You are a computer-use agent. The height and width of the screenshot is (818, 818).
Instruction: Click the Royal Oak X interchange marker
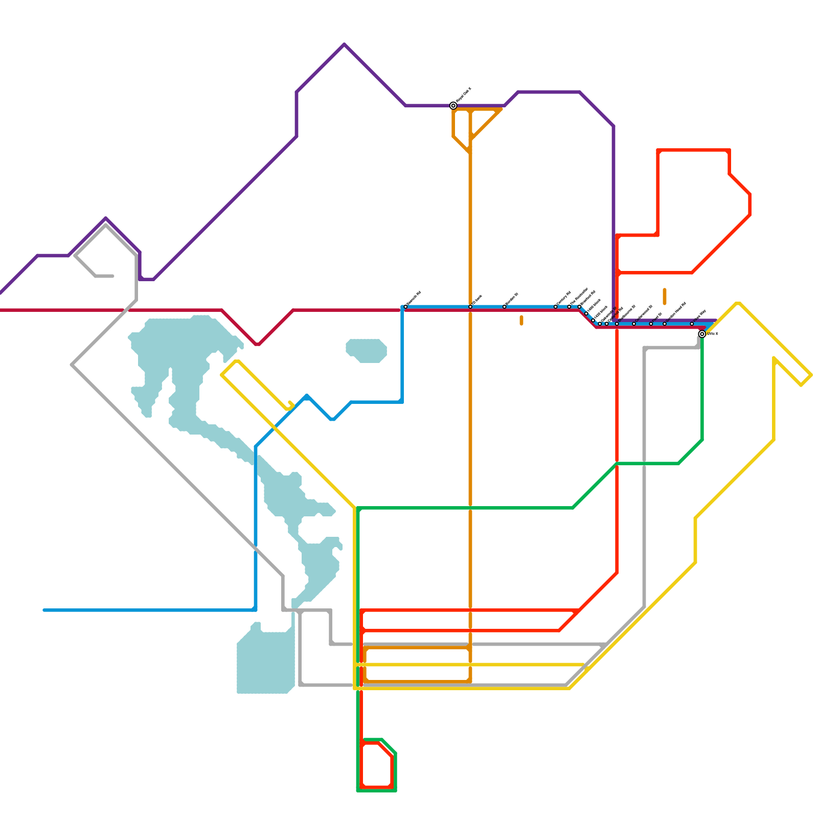(453, 106)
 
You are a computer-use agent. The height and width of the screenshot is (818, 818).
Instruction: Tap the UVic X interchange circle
(702, 334)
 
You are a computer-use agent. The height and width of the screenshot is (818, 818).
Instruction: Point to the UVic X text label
(712, 334)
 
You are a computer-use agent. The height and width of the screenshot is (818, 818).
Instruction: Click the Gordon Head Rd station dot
(665, 324)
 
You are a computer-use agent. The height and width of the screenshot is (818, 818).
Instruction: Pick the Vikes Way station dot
(692, 324)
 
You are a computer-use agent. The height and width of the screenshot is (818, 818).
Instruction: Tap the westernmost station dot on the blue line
(405, 307)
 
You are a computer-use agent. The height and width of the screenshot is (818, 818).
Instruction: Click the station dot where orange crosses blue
(470, 307)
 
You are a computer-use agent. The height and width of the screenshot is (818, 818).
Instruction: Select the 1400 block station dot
(586, 313)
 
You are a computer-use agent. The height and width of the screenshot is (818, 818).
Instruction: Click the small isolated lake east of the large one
(366, 351)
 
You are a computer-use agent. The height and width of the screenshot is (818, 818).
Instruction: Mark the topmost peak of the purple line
(345, 45)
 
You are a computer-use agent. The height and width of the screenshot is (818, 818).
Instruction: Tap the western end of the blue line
(44, 610)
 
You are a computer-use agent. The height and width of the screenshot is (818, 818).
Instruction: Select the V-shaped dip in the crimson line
(258, 344)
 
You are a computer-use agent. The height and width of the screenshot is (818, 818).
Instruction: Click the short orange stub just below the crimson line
(521, 321)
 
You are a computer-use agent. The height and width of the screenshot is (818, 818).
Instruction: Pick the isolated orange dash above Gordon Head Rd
(665, 297)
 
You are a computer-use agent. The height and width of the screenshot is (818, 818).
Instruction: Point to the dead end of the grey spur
(112, 276)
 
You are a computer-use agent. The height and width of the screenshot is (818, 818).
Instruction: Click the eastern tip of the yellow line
(811, 376)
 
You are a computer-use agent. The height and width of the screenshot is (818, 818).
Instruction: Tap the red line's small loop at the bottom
(377, 764)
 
